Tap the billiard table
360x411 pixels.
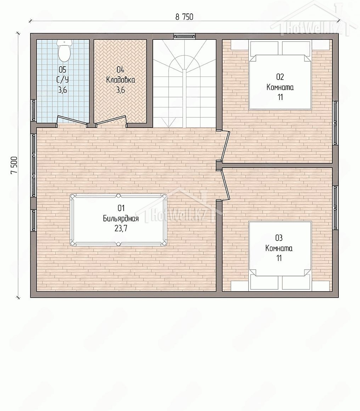[118, 220]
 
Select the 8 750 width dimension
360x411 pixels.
[184, 17]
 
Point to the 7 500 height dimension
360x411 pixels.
[14, 165]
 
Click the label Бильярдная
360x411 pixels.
[120, 218]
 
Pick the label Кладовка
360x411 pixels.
[120, 80]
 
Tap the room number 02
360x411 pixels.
[280, 77]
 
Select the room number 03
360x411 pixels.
[279, 238]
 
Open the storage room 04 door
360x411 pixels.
[111, 121]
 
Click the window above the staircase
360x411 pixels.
[185, 36]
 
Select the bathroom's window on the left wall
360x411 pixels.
[34, 110]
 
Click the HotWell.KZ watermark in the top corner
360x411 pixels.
[315, 22]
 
